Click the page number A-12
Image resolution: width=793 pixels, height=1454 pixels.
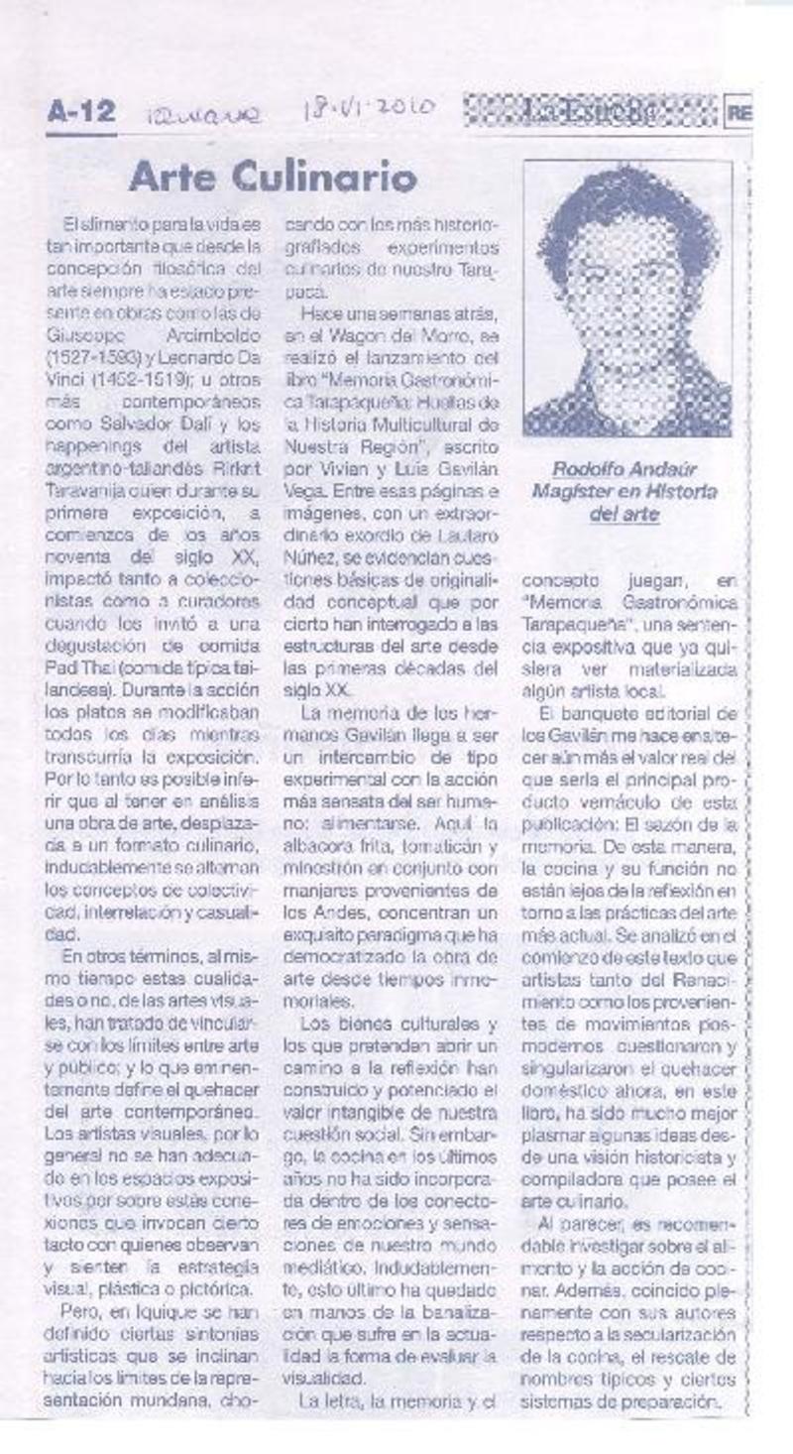click(80, 113)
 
